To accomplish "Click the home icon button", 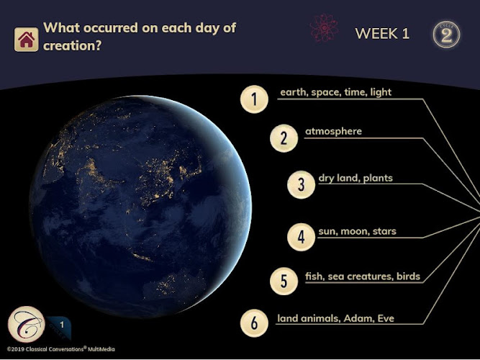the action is [x=27, y=40].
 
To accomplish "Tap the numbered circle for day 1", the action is [x=254, y=99].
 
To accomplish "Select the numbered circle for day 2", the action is [x=284, y=138].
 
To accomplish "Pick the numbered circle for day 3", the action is [x=302, y=185].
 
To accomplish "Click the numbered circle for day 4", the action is [x=302, y=237].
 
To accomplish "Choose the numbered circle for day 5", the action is [x=284, y=281].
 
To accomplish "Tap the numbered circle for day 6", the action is [x=254, y=323].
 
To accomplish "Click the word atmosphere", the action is [x=333, y=132].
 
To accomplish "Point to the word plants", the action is [x=378, y=179].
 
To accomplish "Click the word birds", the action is [x=408, y=276].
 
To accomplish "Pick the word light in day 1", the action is [x=381, y=92].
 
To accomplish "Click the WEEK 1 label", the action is [x=382, y=34].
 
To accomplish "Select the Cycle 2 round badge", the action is [x=447, y=35].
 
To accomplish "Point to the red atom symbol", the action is [x=324, y=28].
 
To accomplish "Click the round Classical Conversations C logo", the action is [x=27, y=324].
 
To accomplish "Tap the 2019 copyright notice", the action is [x=61, y=349].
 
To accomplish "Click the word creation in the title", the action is [x=72, y=46].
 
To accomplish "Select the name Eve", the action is [x=386, y=319].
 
